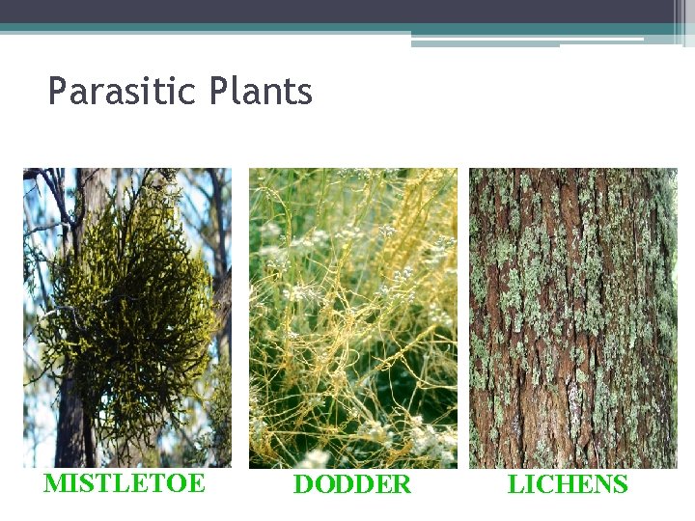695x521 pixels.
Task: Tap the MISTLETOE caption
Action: pyautogui.click(x=125, y=482)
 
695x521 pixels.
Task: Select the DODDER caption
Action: pyautogui.click(x=351, y=484)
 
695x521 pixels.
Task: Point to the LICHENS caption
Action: pyautogui.click(x=568, y=484)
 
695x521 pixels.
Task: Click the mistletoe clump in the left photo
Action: pyautogui.click(x=125, y=309)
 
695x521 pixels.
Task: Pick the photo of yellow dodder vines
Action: pyautogui.click(x=353, y=318)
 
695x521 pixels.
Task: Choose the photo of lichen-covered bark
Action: pyautogui.click(x=573, y=318)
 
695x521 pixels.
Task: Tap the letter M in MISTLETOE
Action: pyautogui.click(x=55, y=482)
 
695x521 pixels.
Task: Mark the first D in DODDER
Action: pyautogui.click(x=303, y=484)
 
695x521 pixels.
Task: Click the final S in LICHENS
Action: pyautogui.click(x=620, y=484)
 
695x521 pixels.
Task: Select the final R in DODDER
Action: pyautogui.click(x=402, y=484)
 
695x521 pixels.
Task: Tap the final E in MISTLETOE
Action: pyautogui.click(x=196, y=482)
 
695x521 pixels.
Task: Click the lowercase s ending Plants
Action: pyautogui.click(x=305, y=94)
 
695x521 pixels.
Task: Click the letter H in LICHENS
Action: pyautogui.click(x=560, y=484)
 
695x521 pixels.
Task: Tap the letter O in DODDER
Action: pyautogui.click(x=323, y=484)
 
